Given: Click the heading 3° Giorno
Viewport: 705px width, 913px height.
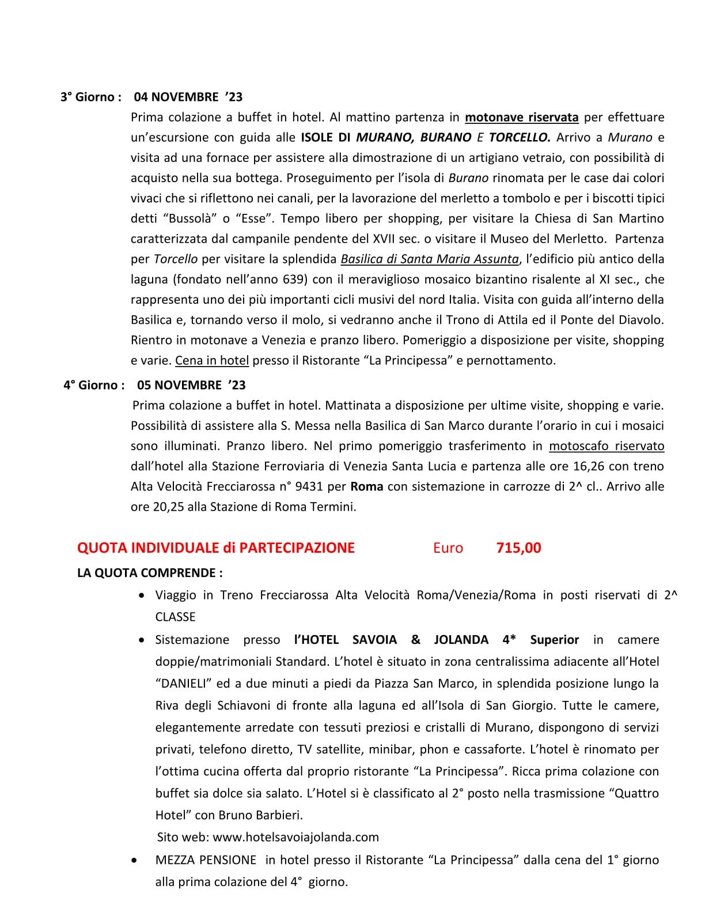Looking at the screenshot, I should click(x=90, y=97).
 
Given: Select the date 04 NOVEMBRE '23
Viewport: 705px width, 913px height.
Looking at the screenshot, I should click(x=188, y=97).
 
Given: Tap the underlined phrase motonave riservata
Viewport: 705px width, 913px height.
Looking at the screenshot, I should click(x=521, y=118).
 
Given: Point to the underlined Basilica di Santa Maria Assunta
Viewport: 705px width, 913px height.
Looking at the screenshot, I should click(x=430, y=259).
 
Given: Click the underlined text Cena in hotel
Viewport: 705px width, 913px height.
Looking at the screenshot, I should click(x=212, y=361).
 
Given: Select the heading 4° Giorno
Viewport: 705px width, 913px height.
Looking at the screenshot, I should click(x=94, y=385).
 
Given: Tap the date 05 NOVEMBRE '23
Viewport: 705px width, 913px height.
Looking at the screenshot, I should click(x=191, y=385).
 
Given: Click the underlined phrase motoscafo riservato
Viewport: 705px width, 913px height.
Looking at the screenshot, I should click(x=607, y=446).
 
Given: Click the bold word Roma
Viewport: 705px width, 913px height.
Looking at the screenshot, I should click(x=367, y=486).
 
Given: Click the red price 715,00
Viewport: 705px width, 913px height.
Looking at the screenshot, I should click(x=518, y=548).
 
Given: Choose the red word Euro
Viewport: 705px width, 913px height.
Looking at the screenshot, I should click(x=448, y=548).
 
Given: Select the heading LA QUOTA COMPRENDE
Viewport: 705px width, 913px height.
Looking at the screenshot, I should click(x=150, y=573).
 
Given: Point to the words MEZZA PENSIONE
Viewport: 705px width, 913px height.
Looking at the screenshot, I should click(x=206, y=860).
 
